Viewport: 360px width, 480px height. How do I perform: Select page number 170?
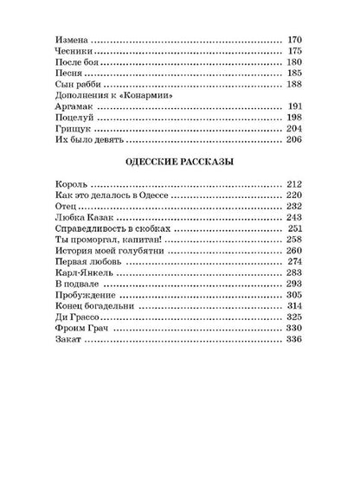coord(296,39)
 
